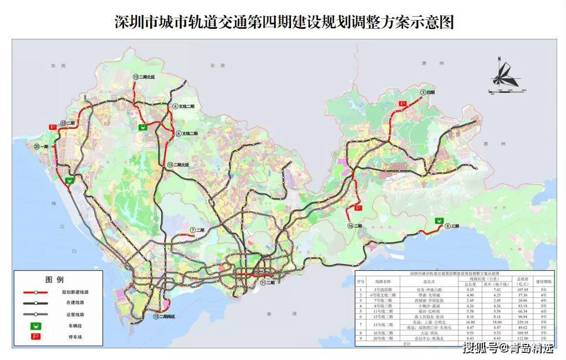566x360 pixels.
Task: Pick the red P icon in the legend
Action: (x=35, y=337)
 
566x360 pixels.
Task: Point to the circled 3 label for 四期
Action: (x=423, y=92)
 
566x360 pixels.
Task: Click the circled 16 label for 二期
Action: (x=350, y=226)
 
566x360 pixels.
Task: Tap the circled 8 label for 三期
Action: (x=447, y=226)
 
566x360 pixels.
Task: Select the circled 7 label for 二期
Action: (x=192, y=230)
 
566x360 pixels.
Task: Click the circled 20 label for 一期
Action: (x=37, y=146)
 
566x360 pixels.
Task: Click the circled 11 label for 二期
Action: (x=263, y=282)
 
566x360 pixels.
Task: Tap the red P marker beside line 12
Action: (x=53, y=127)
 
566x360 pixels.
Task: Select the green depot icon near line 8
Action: (x=439, y=220)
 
